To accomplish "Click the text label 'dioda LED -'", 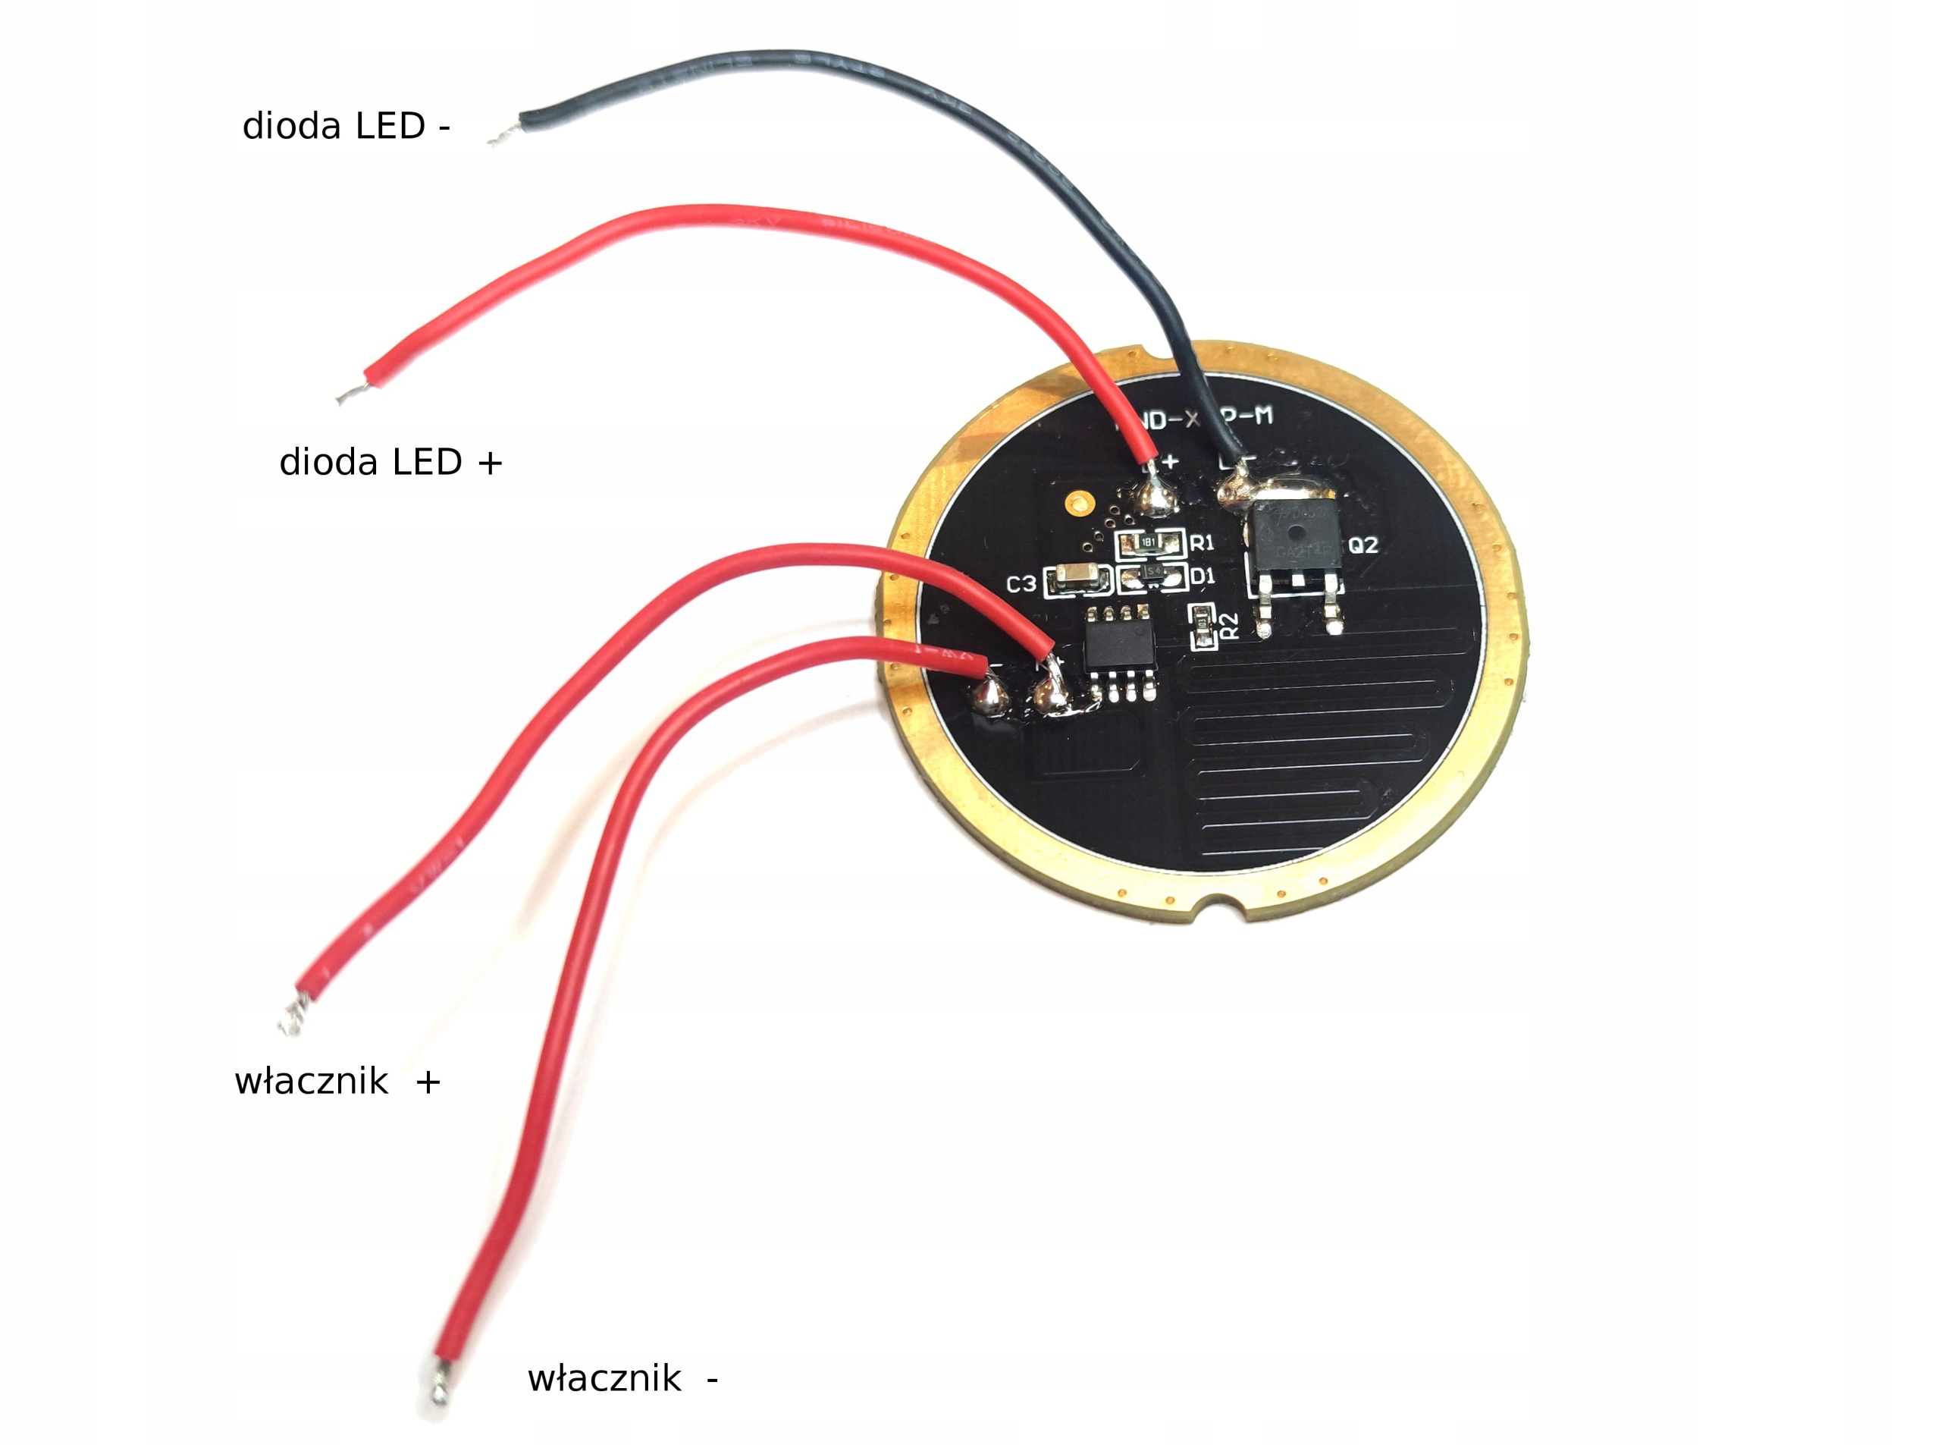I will click(346, 126).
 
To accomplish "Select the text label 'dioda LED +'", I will click(390, 462).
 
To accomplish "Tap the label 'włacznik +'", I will click(337, 1082).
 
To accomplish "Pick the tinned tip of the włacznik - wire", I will click(440, 1391).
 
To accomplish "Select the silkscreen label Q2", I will click(1363, 546).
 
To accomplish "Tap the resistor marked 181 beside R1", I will click(1149, 543).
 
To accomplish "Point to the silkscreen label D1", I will click(1203, 576).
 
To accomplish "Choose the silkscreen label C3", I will click(1021, 584).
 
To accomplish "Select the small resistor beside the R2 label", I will click(1204, 626).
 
